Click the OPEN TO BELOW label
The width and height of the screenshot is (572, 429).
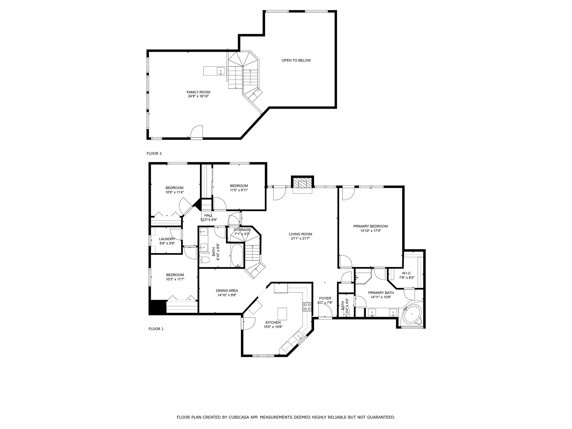(x=296, y=60)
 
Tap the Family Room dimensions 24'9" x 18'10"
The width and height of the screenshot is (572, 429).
(x=198, y=96)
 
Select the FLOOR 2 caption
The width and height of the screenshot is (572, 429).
(x=154, y=153)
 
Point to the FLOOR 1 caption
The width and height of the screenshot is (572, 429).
(x=156, y=329)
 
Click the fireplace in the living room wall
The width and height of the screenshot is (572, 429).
(x=302, y=184)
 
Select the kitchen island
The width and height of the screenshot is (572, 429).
(x=282, y=314)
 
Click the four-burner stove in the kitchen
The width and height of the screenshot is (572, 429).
(x=307, y=307)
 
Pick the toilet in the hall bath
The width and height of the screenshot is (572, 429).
(x=204, y=260)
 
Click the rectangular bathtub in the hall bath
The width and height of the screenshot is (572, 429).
(x=238, y=256)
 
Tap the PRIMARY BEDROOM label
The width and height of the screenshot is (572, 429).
(x=370, y=226)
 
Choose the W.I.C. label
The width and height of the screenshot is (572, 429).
(x=407, y=273)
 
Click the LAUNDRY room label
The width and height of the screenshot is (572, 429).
(x=167, y=239)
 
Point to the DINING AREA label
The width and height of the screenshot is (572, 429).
(x=227, y=290)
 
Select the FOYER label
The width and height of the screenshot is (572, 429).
(x=325, y=298)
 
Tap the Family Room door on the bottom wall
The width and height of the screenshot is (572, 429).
(x=196, y=132)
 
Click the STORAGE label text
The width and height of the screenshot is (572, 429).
(x=242, y=230)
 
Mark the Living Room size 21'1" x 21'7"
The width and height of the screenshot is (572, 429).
(x=300, y=239)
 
